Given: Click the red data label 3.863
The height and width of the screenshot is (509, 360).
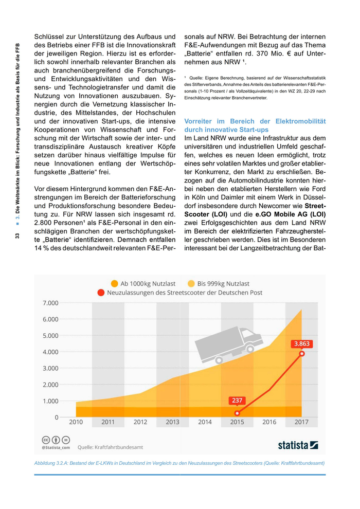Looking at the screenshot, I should (302, 343).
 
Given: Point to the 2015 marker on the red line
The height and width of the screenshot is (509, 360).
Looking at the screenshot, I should (237, 413).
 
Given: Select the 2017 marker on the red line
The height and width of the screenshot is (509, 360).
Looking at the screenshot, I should (302, 353).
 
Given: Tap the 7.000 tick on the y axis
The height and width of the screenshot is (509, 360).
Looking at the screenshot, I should (50, 303).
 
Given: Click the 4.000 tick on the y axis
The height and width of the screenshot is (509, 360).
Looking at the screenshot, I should (50, 352).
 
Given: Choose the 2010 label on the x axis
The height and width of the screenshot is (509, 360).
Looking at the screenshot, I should (76, 422).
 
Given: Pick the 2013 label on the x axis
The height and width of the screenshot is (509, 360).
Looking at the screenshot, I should (173, 422).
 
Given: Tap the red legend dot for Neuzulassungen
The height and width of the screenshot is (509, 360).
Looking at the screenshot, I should (101, 293).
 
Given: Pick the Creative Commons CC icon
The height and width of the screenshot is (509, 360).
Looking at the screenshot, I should (45, 440).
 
